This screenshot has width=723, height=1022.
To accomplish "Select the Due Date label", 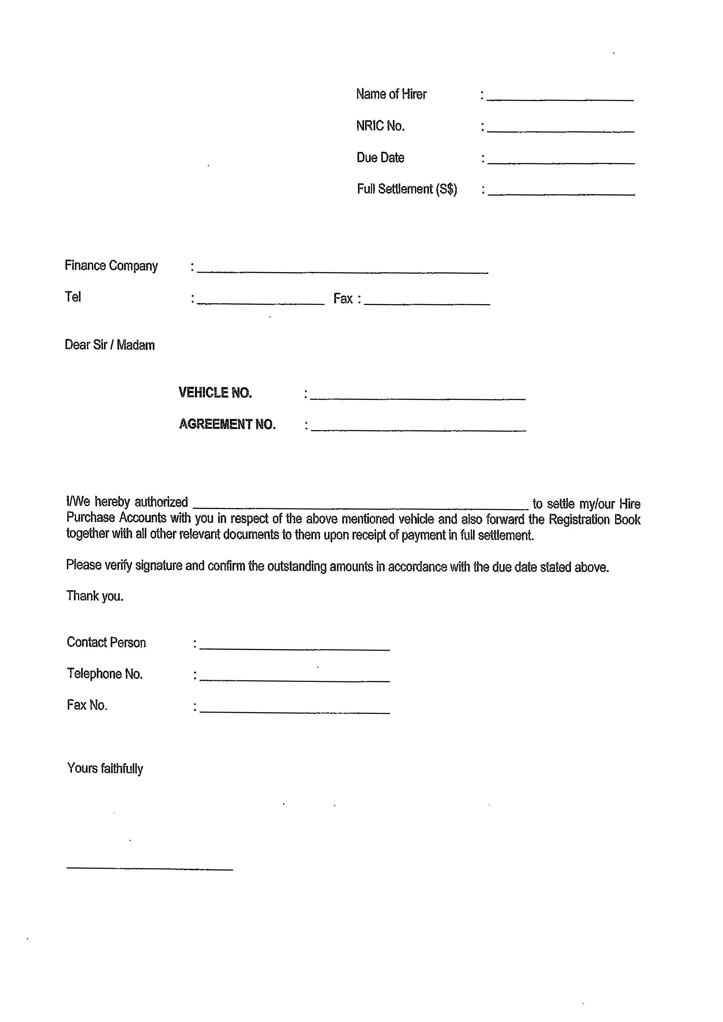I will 380,158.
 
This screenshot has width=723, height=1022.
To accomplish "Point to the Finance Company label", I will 111,266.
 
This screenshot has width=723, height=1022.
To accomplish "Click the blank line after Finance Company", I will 342,270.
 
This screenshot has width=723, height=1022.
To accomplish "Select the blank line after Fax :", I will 427,301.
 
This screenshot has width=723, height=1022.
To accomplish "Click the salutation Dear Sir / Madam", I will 109,345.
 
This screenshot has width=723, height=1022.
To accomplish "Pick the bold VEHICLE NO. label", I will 215,393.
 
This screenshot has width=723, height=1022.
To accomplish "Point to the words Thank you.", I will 94,596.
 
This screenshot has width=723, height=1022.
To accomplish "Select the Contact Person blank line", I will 294,647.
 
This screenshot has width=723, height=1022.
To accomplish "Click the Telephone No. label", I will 105,674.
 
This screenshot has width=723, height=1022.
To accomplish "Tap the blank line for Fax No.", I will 294,710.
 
